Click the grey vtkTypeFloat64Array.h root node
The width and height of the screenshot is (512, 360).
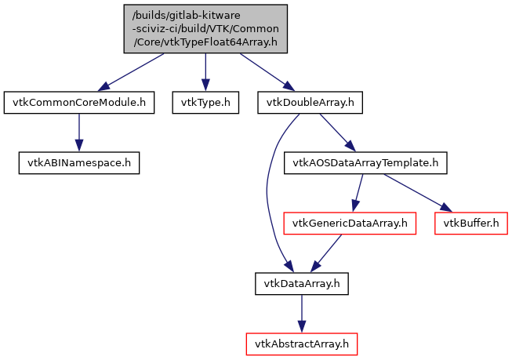205,29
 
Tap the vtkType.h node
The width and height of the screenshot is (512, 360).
205,102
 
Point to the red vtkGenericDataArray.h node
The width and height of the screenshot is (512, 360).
349,224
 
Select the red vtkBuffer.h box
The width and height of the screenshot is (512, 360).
470,224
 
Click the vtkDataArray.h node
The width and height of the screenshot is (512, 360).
302,283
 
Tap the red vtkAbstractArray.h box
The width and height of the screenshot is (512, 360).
302,343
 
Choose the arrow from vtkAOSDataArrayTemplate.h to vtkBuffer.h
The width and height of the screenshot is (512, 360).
416,192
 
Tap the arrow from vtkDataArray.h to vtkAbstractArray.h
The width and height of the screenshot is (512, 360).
302,313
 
